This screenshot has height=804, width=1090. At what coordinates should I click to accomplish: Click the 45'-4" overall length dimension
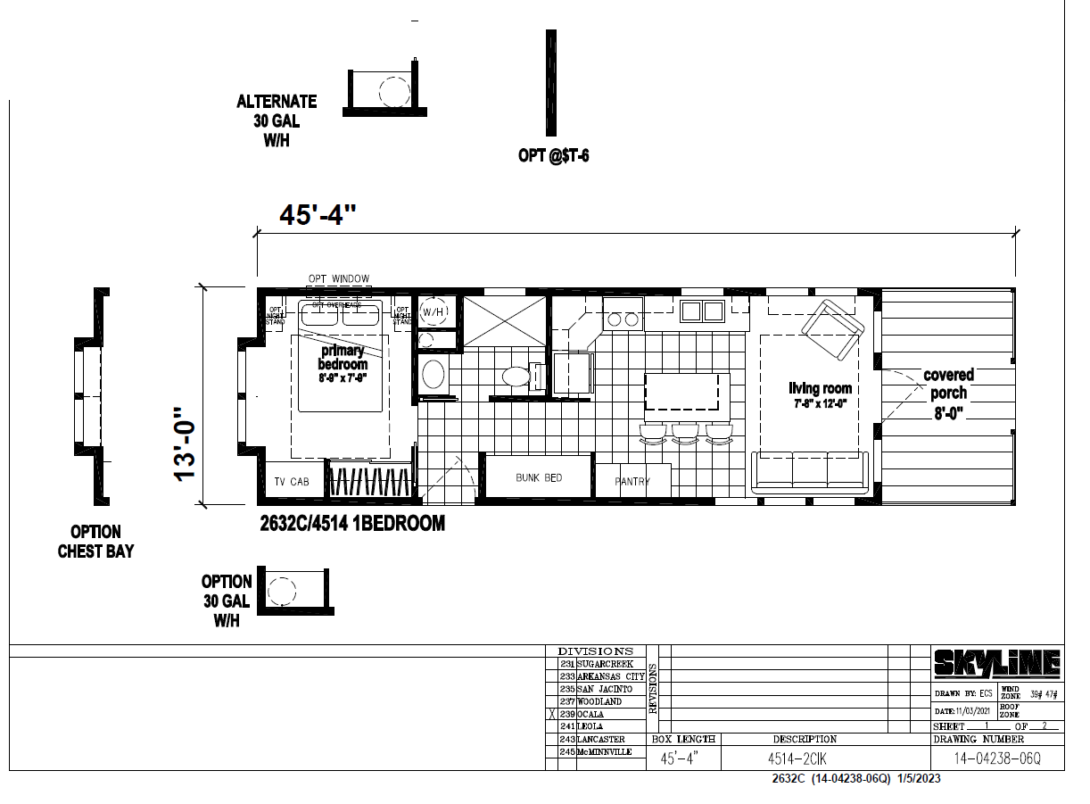[x=318, y=215]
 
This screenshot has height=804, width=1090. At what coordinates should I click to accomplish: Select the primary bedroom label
[x=343, y=358]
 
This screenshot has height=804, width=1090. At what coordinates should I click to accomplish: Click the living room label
[x=820, y=389]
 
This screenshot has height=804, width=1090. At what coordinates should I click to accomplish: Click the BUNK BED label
[x=539, y=478]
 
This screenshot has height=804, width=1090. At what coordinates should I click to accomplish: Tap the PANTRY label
[x=632, y=482]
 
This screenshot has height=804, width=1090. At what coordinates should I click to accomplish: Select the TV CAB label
[x=291, y=482]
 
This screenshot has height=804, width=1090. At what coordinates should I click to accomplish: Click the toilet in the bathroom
[x=516, y=376]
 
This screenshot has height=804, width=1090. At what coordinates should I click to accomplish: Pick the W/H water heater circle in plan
[x=434, y=311]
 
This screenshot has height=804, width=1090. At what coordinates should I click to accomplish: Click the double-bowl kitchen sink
[x=702, y=311]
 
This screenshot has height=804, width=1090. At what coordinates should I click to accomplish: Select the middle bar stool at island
[x=685, y=433]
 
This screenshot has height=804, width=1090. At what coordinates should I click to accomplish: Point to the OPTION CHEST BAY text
[x=95, y=542]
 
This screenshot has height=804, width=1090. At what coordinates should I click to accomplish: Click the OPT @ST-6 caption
[x=553, y=156]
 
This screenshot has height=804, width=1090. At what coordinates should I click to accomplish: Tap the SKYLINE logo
[x=997, y=663]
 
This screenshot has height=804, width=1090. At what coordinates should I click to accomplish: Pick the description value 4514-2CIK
[x=798, y=759]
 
